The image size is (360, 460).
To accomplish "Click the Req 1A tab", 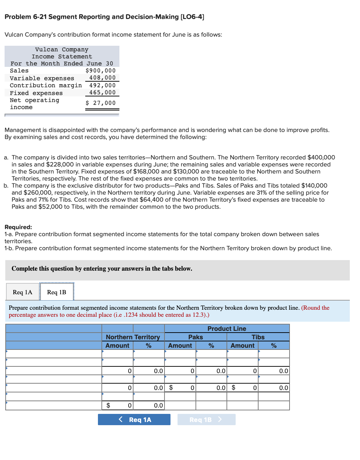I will (23, 292).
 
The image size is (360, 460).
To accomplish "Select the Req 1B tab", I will (57, 292).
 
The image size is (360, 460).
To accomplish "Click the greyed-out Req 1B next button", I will (206, 420).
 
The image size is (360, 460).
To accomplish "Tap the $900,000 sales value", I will (100, 71).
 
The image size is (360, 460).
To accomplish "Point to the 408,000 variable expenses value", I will (102, 78).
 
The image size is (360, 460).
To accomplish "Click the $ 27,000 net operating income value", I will (100, 103).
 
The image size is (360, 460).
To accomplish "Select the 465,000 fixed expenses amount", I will (102, 93).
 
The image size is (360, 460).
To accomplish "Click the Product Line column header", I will (226, 328).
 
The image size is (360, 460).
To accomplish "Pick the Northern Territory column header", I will (133, 337).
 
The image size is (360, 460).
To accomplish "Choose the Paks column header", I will (195, 337).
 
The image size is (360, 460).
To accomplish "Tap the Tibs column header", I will (258, 337).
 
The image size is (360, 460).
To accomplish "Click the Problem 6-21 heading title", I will (104, 17).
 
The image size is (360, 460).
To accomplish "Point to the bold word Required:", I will (18, 227).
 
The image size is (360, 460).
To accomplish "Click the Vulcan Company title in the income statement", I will (62, 50).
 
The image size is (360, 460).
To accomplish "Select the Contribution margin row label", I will (46, 86).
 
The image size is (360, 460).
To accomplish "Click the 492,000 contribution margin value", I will (102, 86).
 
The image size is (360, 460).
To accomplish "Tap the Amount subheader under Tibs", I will (242, 346).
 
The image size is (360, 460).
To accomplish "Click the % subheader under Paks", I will (211, 346).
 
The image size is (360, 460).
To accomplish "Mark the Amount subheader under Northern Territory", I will (117, 346).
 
